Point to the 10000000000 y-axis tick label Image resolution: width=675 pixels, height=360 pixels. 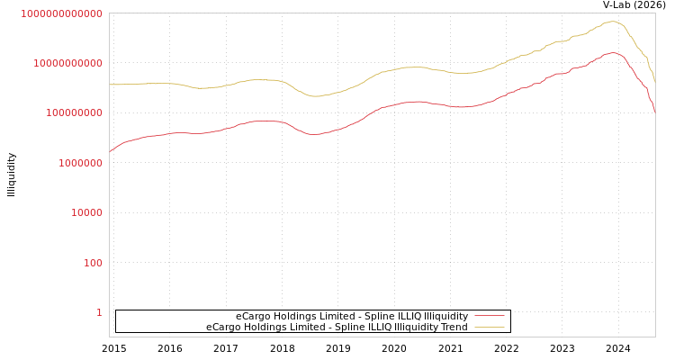pos(67,63)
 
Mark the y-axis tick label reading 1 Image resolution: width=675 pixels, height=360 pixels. pos(99,313)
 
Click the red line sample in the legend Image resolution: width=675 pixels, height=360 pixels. pos(489,317)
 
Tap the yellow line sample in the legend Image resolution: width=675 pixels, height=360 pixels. pos(489,328)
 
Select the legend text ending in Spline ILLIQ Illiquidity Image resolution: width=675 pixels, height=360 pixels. pos(351,317)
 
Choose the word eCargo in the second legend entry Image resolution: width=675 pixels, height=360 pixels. pos(223,328)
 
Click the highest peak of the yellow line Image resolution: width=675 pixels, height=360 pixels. pos(612,22)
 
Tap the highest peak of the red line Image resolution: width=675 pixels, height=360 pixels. pos(613,53)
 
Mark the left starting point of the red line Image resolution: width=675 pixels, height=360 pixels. pos(110,151)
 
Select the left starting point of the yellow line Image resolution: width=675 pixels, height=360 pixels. pos(110,85)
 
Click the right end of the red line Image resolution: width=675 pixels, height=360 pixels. pos(655,112)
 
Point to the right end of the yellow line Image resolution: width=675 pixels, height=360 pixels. pos(655,83)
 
